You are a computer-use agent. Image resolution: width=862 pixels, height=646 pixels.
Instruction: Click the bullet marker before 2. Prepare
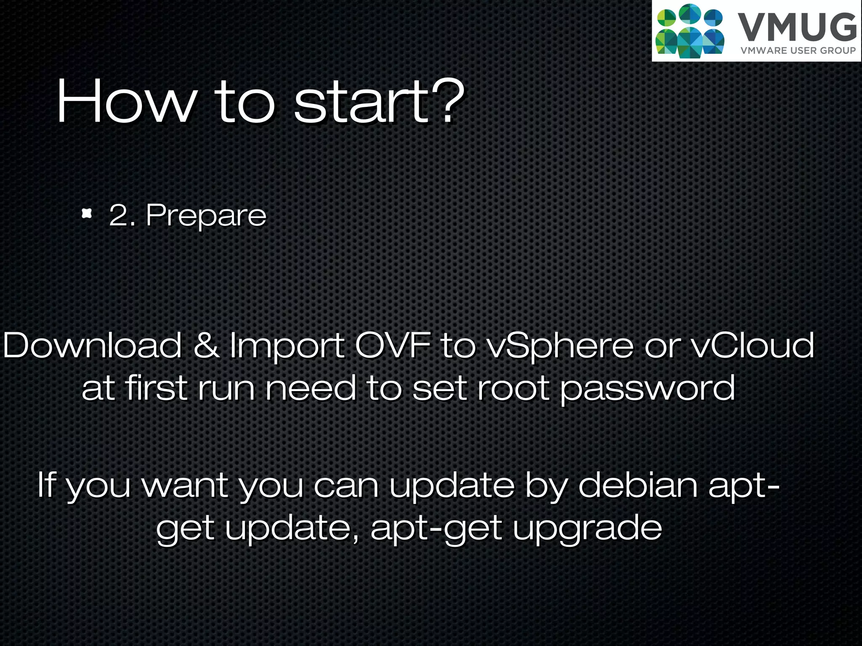tap(87, 214)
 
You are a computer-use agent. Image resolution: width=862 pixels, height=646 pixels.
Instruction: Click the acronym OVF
tap(393, 346)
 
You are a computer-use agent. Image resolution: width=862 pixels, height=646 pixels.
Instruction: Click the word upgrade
tap(588, 529)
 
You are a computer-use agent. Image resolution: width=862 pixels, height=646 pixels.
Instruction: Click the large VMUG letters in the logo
tap(797, 28)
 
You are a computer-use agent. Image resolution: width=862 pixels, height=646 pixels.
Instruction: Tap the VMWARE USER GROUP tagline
tap(798, 51)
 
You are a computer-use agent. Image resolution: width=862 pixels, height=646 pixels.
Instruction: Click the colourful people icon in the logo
tap(690, 31)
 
